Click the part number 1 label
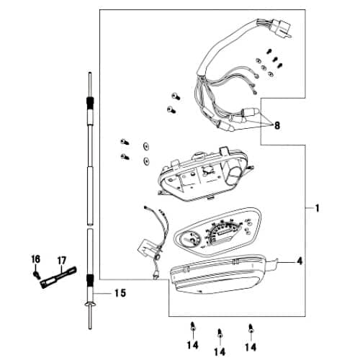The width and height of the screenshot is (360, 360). [316, 208]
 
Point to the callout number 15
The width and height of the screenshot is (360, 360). [120, 294]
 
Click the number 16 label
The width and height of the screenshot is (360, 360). [35, 258]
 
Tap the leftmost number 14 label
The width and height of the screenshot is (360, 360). [192, 345]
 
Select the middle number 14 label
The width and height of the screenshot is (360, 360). [220, 351]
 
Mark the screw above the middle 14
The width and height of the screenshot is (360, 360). [220, 333]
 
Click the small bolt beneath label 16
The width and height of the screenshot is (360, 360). [36, 274]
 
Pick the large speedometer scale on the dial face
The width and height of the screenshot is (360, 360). [227, 233]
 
